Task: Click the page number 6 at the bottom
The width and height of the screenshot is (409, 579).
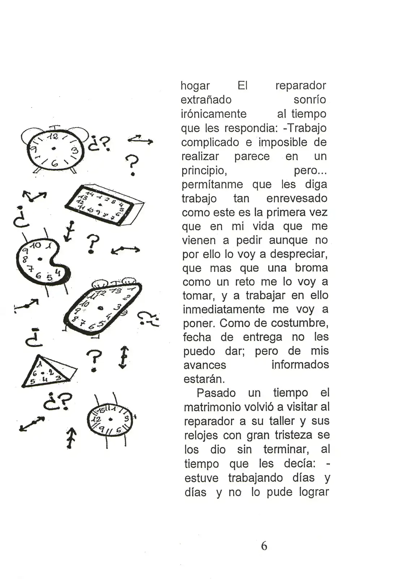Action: tap(264, 546)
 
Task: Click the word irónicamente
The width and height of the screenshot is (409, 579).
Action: tap(214, 114)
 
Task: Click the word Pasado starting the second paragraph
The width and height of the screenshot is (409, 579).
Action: tap(216, 393)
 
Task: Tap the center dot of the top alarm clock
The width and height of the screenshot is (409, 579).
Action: tap(53, 148)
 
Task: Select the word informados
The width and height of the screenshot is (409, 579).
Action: tap(300, 365)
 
